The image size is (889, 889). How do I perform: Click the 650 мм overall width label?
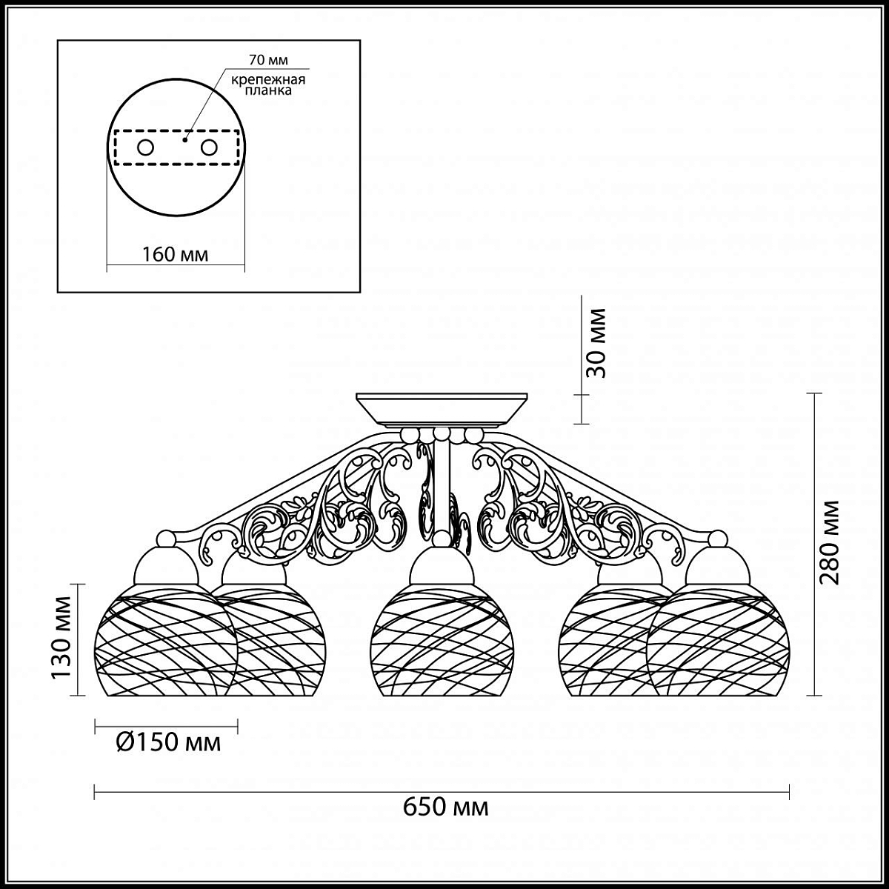[446, 820]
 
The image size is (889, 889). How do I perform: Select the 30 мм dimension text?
[595, 343]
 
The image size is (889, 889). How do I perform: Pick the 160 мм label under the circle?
[175, 254]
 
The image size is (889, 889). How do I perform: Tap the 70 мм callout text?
[268, 60]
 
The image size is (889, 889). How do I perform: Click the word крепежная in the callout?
[268, 80]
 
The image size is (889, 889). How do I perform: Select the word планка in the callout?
[268, 90]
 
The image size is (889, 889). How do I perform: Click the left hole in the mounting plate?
[145, 147]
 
